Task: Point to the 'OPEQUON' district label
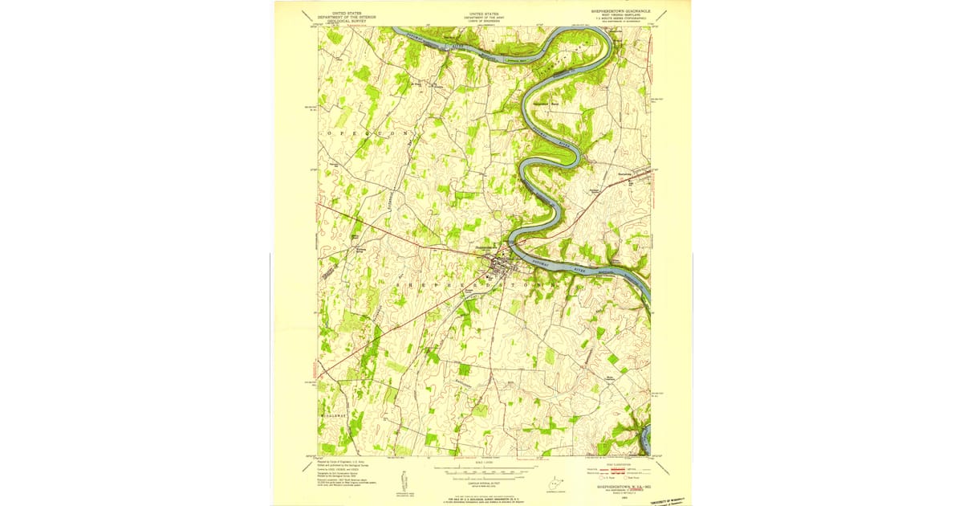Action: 369,130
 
